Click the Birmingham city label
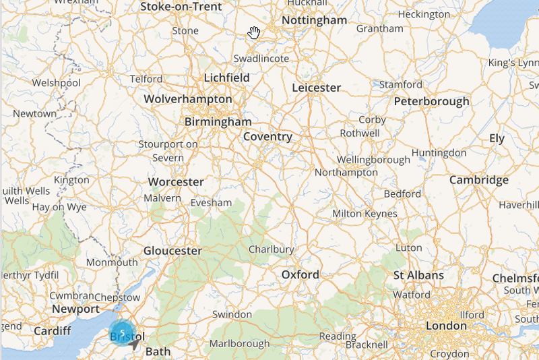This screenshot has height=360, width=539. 218,122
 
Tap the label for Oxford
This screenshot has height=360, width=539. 300,275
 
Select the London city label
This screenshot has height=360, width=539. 446,326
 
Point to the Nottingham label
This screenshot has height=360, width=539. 315,21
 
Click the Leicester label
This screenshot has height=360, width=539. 317,88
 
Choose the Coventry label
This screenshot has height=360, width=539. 267,137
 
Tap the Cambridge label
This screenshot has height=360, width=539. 479,180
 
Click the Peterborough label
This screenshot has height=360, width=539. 432,102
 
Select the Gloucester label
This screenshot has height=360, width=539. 172,251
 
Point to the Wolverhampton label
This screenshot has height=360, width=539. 188,99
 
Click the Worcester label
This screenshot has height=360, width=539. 176,182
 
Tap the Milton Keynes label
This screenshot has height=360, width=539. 364,214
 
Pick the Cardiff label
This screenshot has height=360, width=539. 53,330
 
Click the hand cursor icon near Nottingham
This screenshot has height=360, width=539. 254,33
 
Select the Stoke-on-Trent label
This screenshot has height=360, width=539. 181,7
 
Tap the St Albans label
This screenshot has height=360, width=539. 418,275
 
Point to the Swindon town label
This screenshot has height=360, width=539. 232,315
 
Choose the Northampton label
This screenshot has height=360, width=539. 346,173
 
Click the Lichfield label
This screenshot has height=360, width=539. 227,78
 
